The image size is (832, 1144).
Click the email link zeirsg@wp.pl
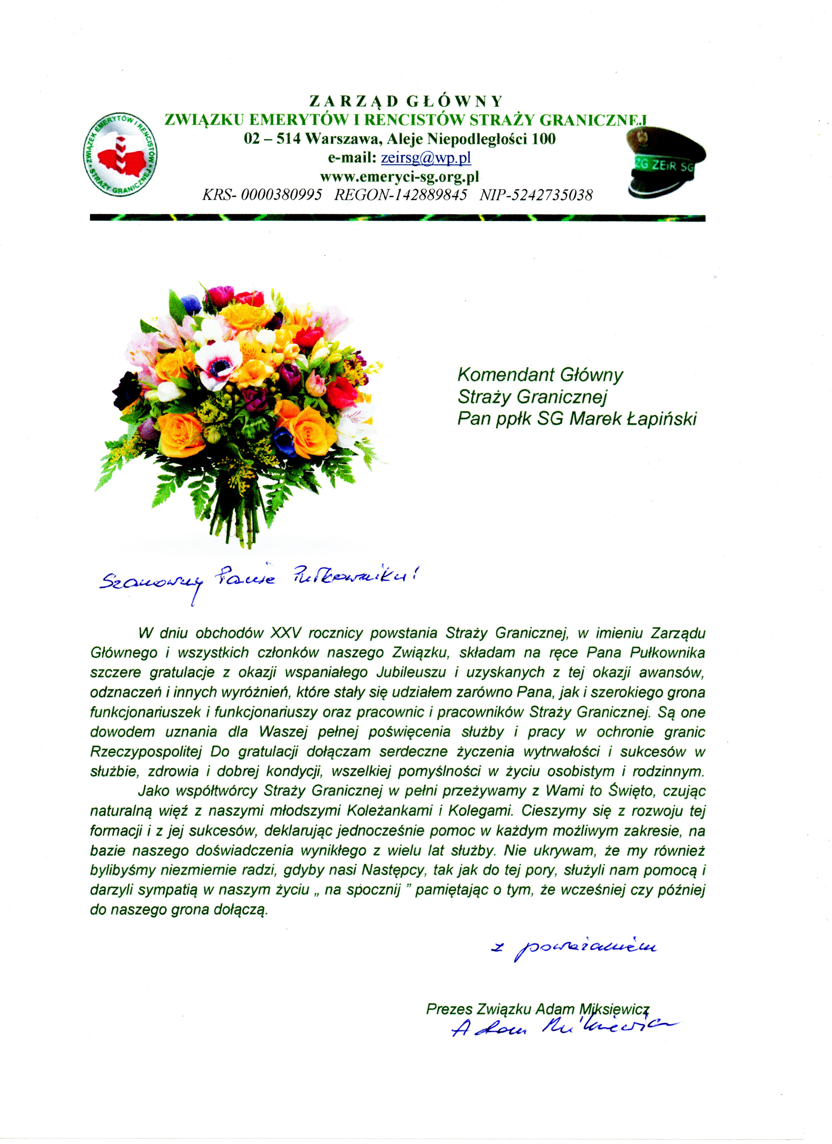(426, 158)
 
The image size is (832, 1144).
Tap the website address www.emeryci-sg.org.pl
(399, 177)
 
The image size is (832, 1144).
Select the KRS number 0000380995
(281, 195)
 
